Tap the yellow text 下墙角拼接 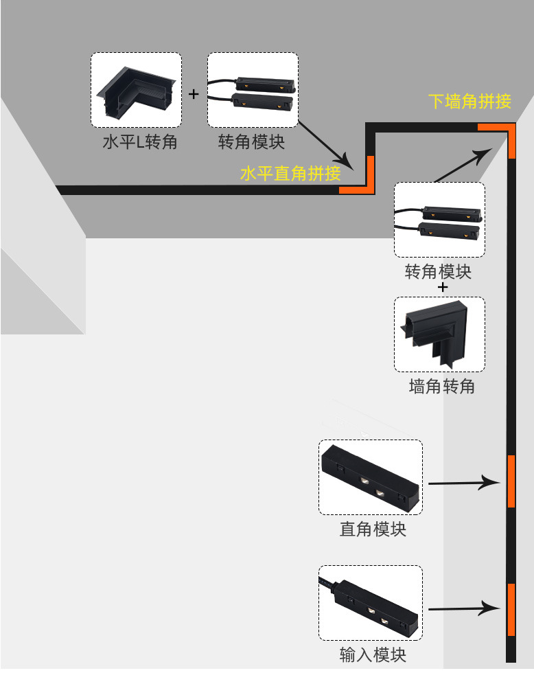[x=470, y=102]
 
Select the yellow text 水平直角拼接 [x=290, y=174]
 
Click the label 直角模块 [x=373, y=529]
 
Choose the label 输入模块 [x=373, y=655]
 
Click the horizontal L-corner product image [x=136, y=90]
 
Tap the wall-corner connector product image [x=439, y=334]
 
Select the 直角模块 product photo [x=370, y=477]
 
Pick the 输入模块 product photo [x=370, y=602]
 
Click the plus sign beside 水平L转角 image [x=194, y=94]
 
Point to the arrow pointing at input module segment [x=464, y=608]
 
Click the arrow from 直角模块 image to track [x=464, y=483]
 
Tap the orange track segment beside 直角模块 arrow [x=511, y=481]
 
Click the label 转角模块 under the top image [x=251, y=143]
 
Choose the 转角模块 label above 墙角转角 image [x=439, y=272]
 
